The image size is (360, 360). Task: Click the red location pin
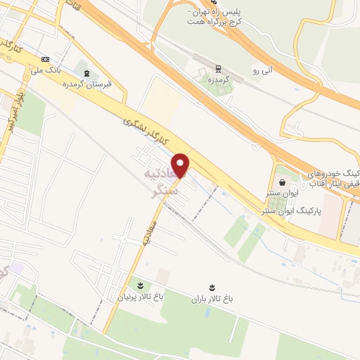coord(181,165)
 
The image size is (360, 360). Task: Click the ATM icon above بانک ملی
coord(46,59)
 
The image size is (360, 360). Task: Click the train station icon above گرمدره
coord(218,69)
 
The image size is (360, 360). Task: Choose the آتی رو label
coord(259,71)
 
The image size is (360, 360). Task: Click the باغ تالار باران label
coord(211,298)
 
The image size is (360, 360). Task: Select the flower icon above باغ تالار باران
coord(210,285)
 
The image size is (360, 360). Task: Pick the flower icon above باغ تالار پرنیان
coord(140,285)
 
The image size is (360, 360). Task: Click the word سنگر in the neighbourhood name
coord(167,189)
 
